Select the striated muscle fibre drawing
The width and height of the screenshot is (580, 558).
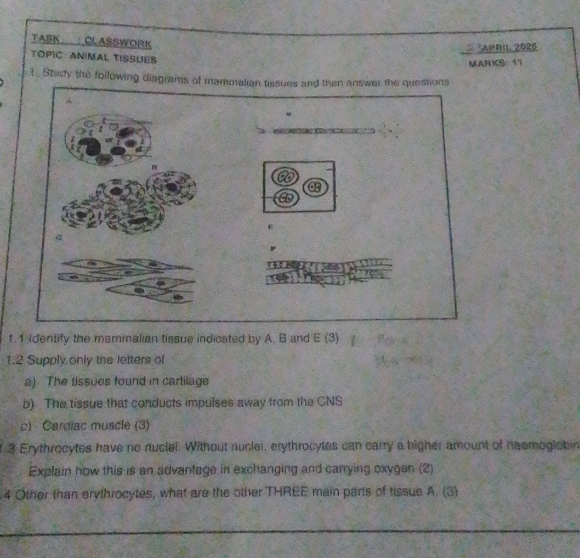328,273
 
